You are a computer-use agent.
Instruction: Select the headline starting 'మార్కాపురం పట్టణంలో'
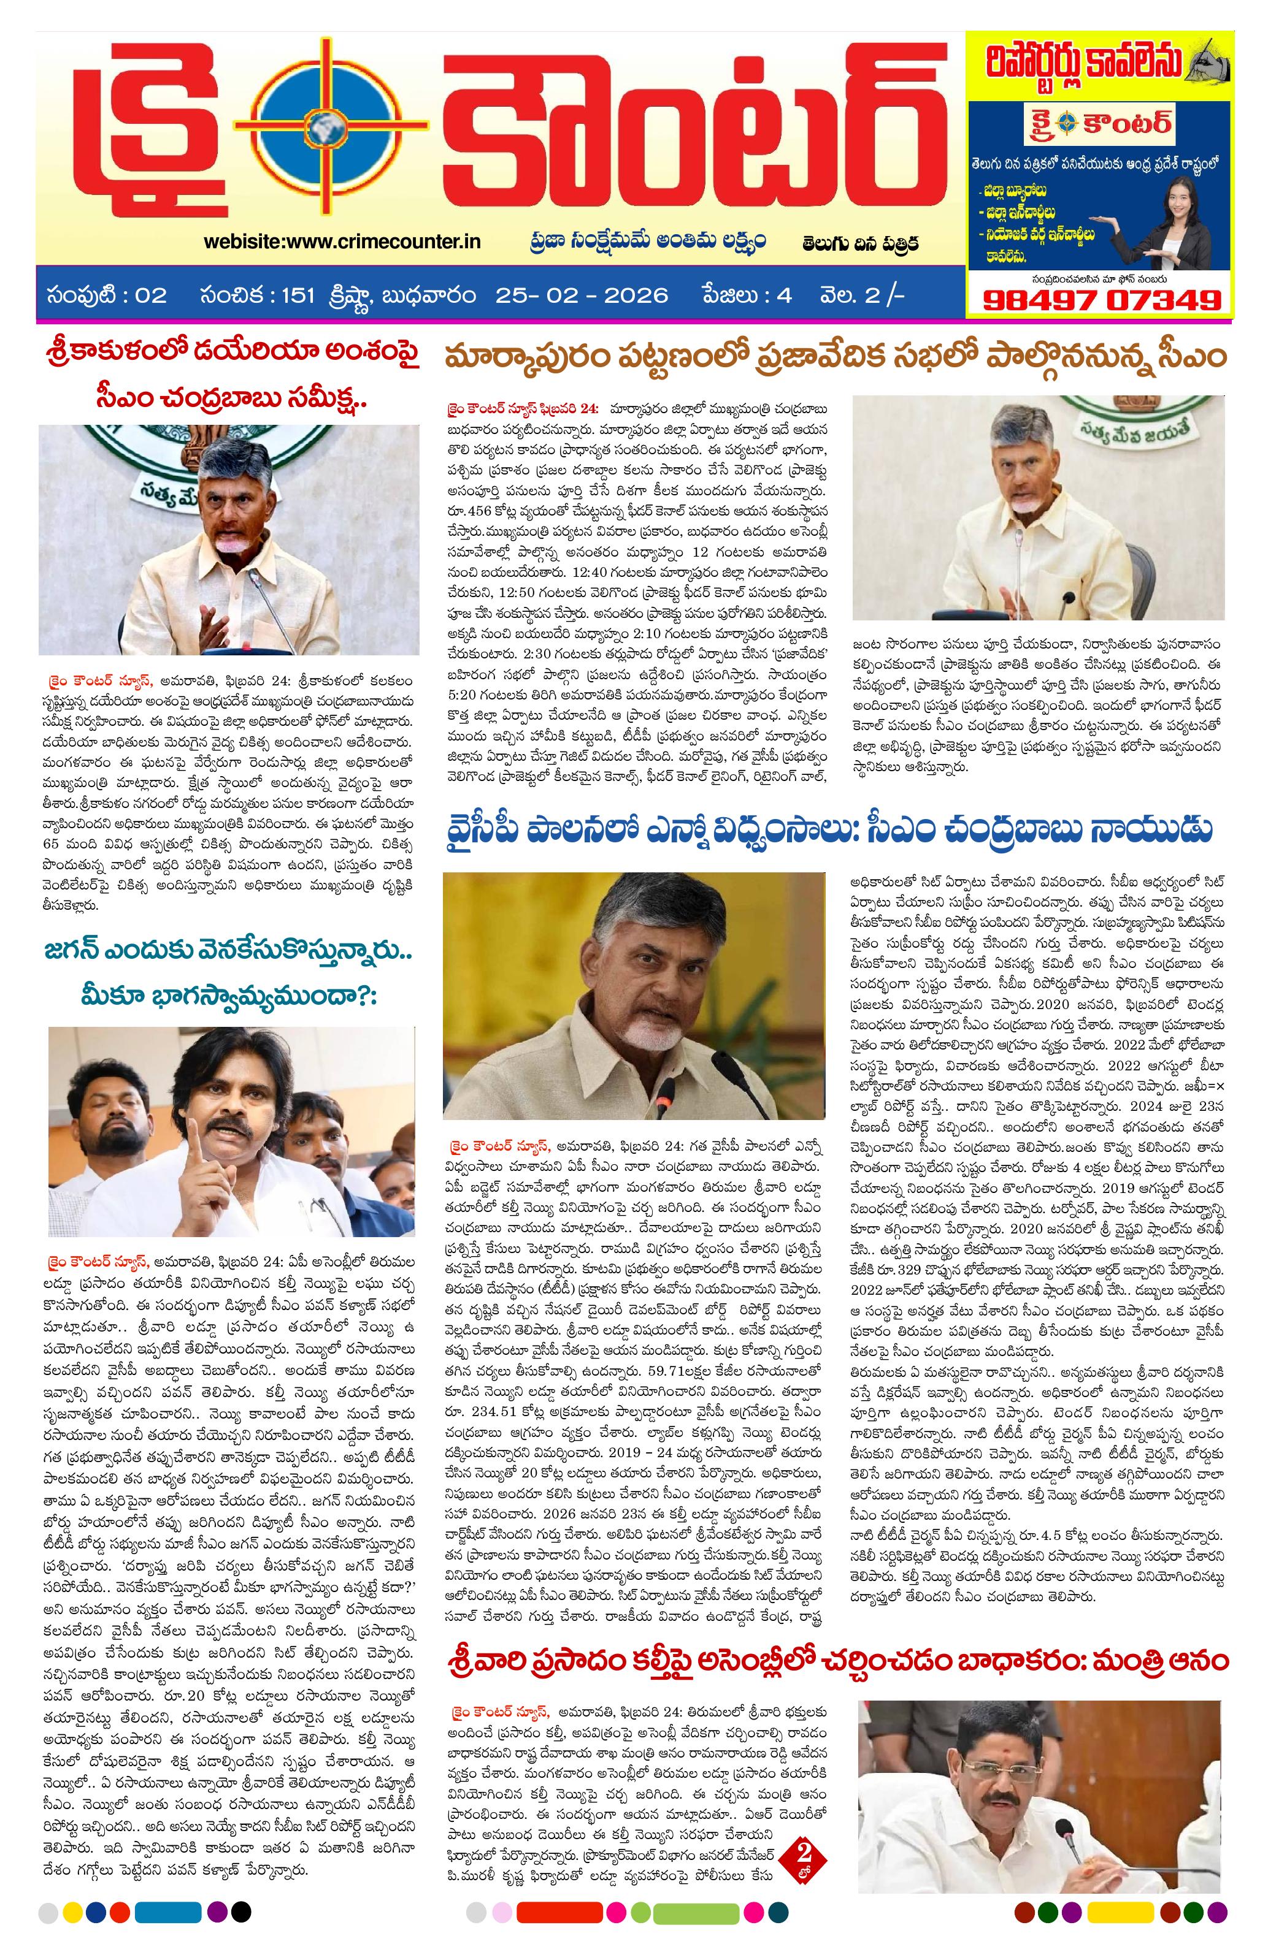[x=834, y=359]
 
